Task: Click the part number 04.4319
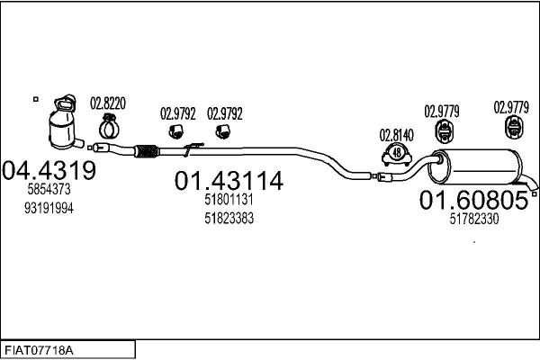point(49,169)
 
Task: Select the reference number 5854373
point(49,191)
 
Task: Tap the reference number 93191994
point(49,208)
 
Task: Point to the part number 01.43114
point(229,182)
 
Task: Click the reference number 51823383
point(229,219)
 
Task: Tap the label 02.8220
point(108,103)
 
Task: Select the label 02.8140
point(396,135)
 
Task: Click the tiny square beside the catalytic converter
point(35,98)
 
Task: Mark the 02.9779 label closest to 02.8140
point(442,112)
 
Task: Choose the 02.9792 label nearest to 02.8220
point(178,114)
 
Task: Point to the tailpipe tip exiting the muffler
point(535,190)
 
